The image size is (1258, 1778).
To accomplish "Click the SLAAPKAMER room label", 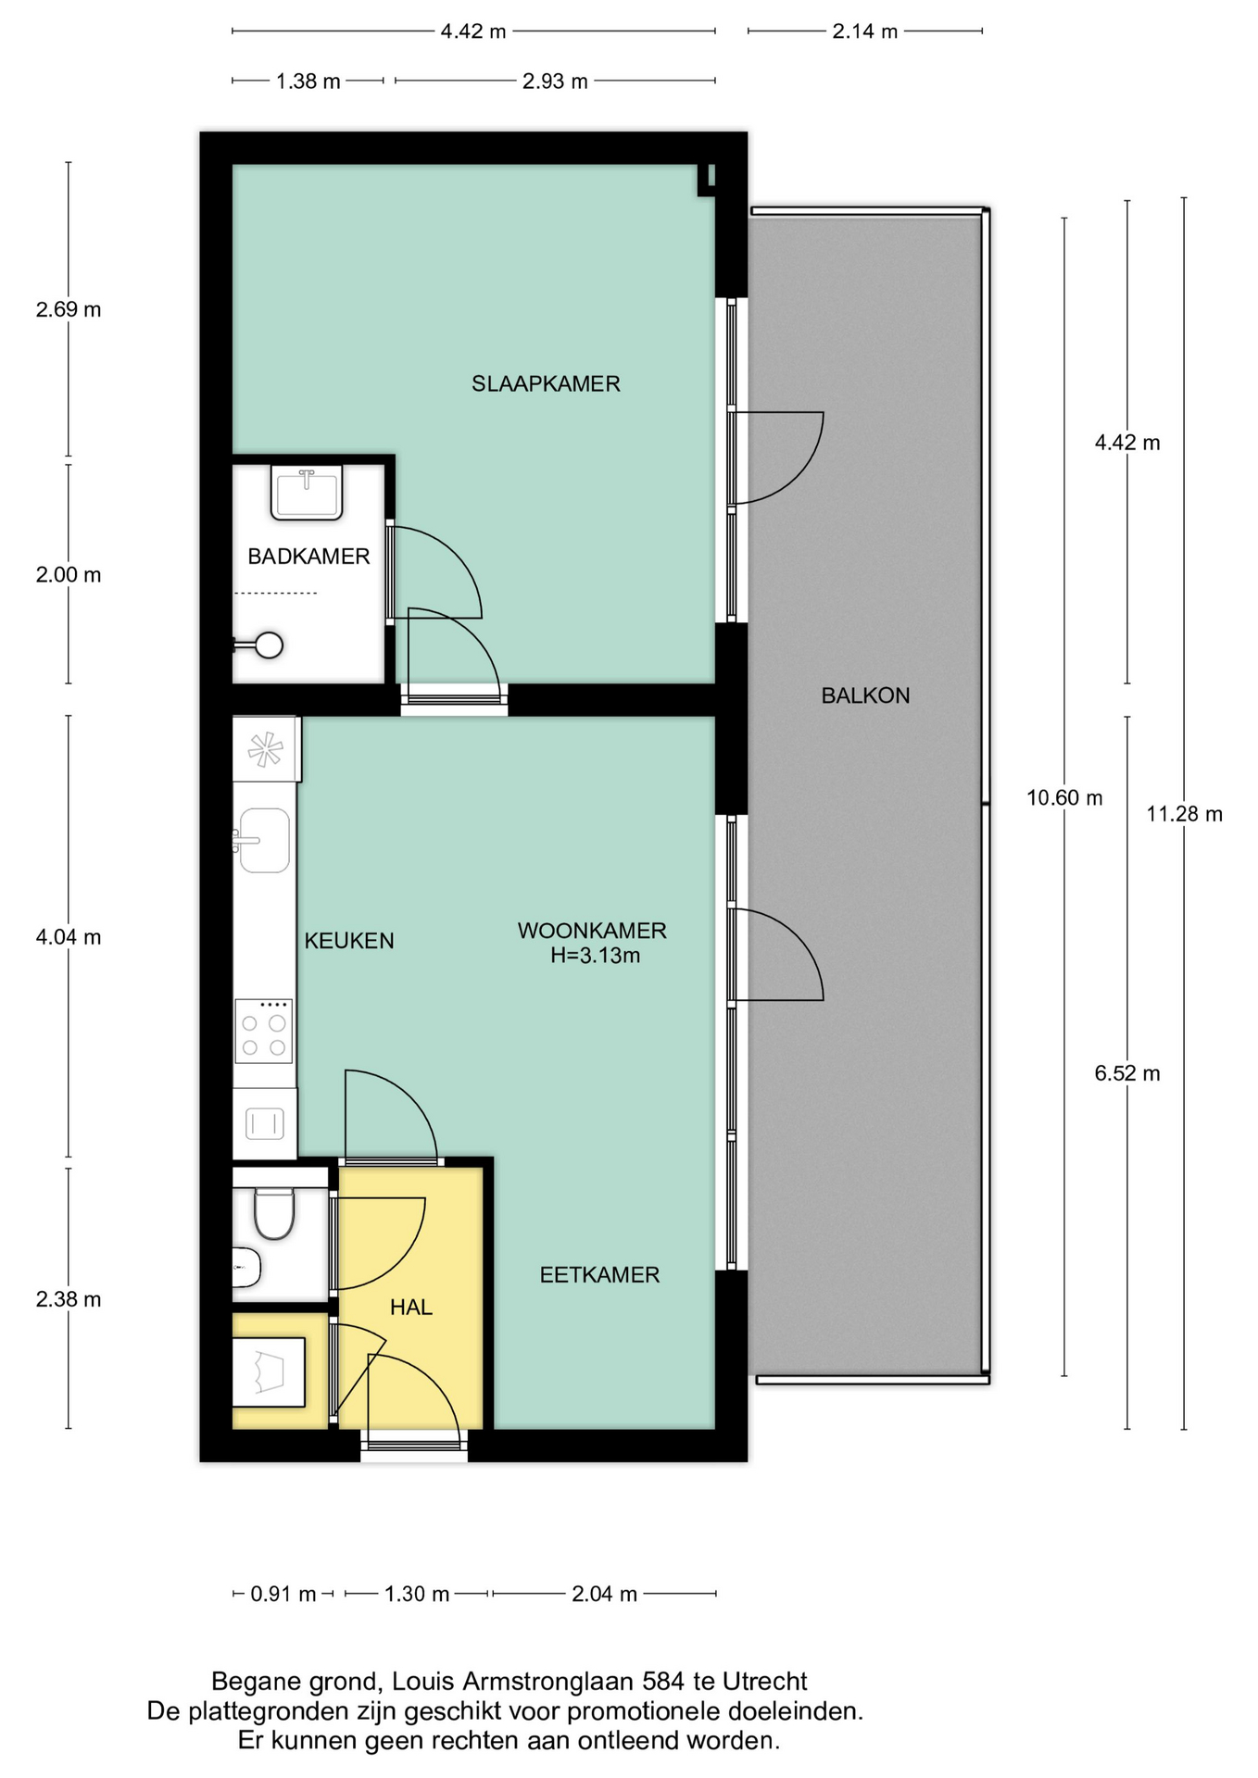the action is point(546,383).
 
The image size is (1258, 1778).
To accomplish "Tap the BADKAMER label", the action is point(308,557).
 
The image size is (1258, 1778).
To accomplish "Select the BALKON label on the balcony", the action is point(865,695).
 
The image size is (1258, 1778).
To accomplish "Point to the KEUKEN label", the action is point(349,941).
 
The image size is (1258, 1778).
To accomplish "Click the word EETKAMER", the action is point(599,1275).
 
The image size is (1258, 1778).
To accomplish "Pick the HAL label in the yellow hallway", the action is point(410,1308).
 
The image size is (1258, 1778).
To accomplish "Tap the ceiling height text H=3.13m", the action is point(595,956).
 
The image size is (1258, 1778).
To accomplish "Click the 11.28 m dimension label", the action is point(1184,814).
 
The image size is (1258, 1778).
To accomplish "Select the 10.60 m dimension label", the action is point(1064,797).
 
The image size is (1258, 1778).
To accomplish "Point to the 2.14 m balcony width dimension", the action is point(864,31).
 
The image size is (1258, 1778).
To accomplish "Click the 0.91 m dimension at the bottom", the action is point(283,1594).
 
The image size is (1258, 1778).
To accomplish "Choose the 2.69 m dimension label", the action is point(69,309).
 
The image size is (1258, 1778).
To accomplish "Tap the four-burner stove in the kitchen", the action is point(263,1031).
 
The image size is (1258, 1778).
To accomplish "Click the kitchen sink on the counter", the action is point(264,840).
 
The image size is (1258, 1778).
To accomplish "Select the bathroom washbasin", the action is point(307,492).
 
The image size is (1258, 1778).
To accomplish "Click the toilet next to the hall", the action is point(273,1214).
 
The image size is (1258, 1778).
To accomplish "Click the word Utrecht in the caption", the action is point(764,1681).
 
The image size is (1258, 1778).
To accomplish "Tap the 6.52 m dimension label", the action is point(1127,1073).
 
